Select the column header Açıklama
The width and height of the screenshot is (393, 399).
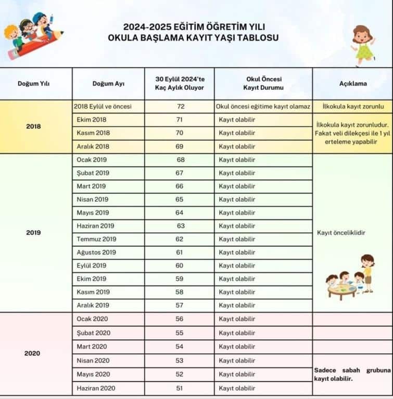tap(353, 84)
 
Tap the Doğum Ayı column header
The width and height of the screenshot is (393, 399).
tap(108, 84)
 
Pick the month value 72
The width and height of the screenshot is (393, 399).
tap(181, 107)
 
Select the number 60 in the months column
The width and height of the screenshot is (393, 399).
tap(181, 265)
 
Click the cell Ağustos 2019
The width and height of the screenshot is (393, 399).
tap(96, 252)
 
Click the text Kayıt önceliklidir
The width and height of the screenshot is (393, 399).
tap(341, 233)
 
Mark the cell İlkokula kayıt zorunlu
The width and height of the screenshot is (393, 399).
tap(353, 107)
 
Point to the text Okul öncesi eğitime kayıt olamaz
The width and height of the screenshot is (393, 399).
tap(263, 107)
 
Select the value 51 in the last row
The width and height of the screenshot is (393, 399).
tap(181, 388)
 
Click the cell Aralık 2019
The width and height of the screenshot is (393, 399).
tap(93, 305)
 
